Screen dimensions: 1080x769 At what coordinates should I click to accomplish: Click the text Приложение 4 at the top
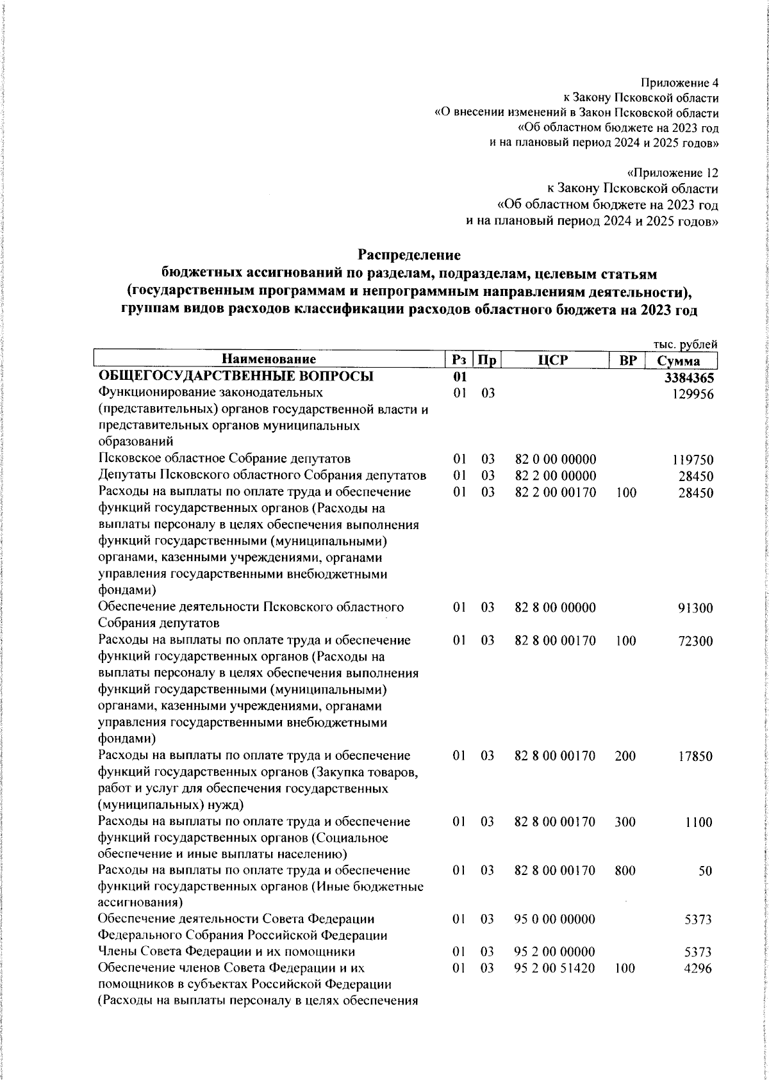(679, 83)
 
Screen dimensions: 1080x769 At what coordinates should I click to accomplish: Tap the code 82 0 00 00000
(556, 459)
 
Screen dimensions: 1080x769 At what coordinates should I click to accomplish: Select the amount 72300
(695, 641)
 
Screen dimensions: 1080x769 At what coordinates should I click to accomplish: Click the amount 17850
(695, 756)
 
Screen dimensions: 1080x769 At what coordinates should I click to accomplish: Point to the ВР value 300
(625, 821)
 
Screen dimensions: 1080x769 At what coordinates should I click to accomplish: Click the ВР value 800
(625, 870)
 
